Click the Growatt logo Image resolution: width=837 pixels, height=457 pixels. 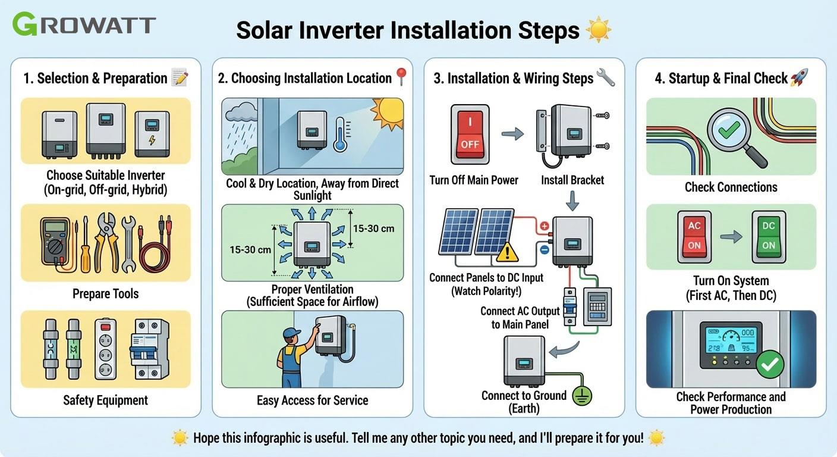pos(84,25)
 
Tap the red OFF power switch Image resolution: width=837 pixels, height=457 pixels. pos(470,134)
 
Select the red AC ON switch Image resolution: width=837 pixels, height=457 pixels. pos(694,236)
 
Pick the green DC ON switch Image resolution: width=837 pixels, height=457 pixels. pos(769,236)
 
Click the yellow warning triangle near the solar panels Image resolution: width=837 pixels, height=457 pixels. pos(507,253)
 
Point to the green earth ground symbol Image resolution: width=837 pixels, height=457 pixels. pos(582,395)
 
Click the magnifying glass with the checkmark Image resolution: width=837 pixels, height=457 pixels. pos(732,133)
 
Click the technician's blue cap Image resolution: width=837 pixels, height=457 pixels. pos(292,332)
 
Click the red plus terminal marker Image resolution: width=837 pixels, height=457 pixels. pos(544,227)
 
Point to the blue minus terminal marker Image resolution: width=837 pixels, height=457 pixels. pos(544,250)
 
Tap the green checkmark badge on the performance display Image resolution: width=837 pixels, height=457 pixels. pos(770,364)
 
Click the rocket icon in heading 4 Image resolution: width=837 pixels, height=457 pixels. pos(799,78)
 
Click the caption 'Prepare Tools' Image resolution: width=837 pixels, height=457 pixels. pos(105,293)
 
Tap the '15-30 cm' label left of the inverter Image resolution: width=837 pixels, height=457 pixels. pos(250,249)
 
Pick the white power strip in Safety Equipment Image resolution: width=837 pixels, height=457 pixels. pos(106,349)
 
